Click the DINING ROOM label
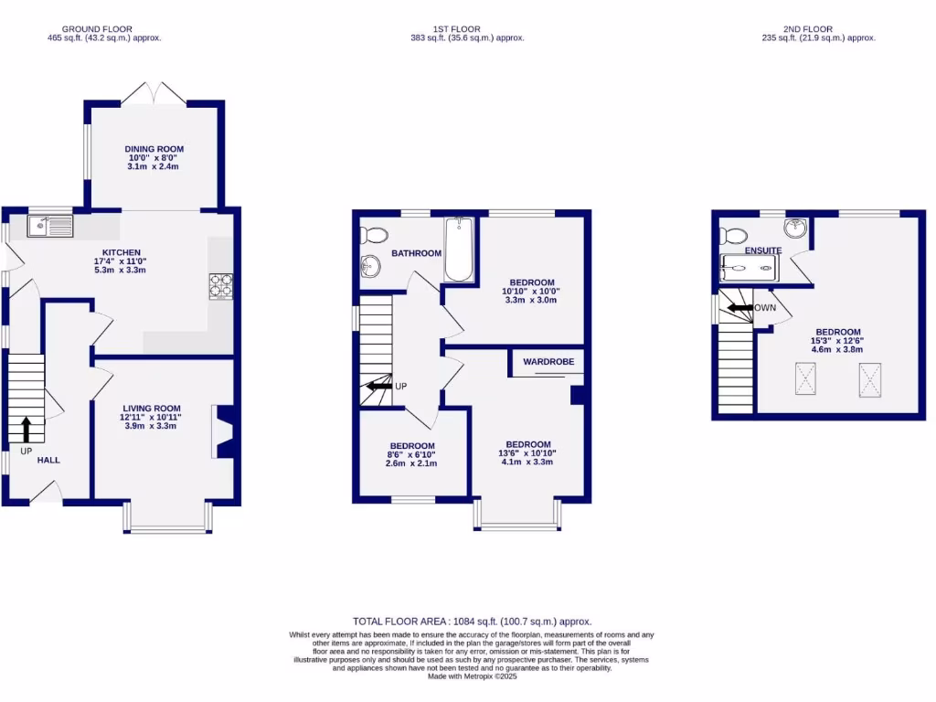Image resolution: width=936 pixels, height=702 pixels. [x=154, y=148]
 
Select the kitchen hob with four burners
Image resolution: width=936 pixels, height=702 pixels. [x=221, y=286]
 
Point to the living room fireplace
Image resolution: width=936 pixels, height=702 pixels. [x=222, y=432]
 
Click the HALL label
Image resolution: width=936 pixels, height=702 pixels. [x=48, y=460]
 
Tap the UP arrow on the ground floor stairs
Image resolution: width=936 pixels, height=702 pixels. [x=26, y=428]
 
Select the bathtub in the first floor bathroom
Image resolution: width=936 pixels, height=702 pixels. [x=457, y=250]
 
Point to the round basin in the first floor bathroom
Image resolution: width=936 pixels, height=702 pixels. [x=370, y=266]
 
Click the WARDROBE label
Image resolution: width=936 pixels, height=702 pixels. [x=548, y=362]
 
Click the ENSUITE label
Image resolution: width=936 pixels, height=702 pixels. [x=762, y=250]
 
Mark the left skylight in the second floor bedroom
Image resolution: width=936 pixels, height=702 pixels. [x=805, y=379]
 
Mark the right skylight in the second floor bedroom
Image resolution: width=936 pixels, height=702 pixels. [x=869, y=379]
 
